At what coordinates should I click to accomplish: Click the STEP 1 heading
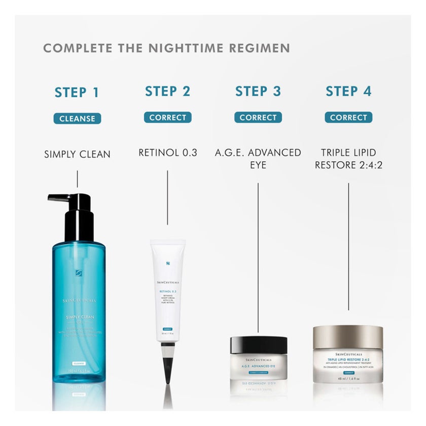pos(77,93)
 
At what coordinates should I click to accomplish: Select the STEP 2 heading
pos(167,92)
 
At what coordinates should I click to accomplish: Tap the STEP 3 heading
pos(258,92)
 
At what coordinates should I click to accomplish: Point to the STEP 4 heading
pos(348,92)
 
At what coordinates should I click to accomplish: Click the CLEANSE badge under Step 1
pos(77,119)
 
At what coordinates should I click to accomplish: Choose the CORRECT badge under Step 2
pos(167,118)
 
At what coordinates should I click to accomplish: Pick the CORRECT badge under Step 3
pos(258,118)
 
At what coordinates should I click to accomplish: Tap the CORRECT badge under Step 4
pos(348,118)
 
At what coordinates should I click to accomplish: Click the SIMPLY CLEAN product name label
pos(77,154)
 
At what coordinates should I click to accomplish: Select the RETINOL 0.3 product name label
pos(167,153)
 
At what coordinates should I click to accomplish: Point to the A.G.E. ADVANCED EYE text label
pos(258,158)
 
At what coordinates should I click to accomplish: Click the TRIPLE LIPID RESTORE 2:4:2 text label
pos(348,158)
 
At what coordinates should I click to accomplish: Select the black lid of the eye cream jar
pos(259,345)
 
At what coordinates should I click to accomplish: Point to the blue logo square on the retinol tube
pos(168,263)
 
